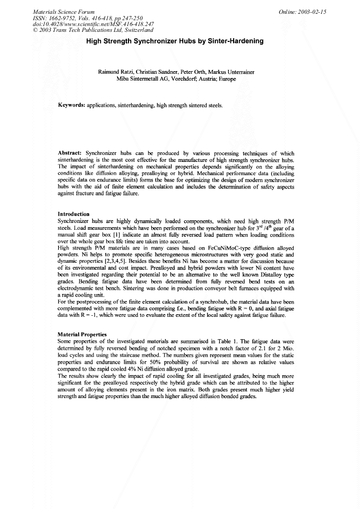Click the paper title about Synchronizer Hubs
pos(179,41)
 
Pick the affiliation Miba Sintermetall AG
pos(143,79)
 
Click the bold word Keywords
pos(72,106)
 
